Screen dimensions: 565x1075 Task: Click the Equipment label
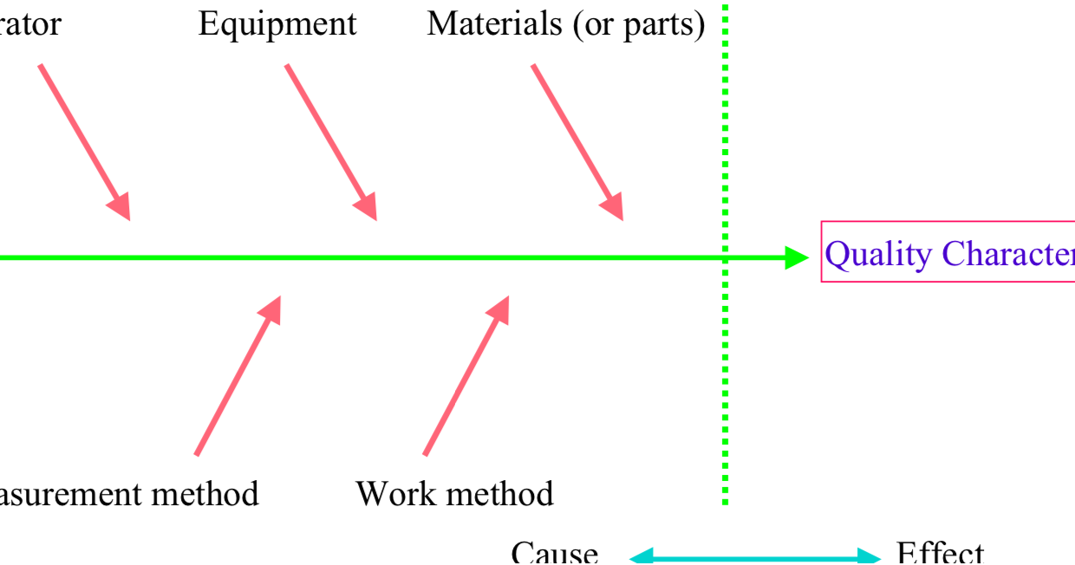(277, 24)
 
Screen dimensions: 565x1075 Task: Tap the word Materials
(494, 24)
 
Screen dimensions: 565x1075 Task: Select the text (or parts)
(638, 25)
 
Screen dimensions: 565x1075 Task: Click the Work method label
(454, 494)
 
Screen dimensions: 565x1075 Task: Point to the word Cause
(554, 553)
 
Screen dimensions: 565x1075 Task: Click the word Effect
(940, 553)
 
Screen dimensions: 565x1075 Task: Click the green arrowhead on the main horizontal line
(795, 257)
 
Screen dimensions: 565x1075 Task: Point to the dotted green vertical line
(725, 390)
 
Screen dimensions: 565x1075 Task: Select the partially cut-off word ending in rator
(30, 24)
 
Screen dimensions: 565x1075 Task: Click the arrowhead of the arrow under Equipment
(367, 206)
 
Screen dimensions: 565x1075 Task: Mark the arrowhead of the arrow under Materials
(613, 206)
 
